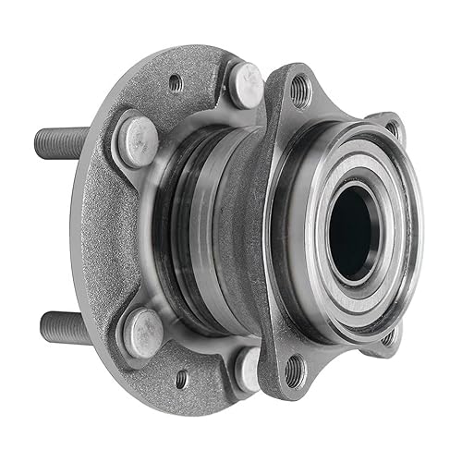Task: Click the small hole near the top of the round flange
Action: [x=176, y=84]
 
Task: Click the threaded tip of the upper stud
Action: [x=43, y=140]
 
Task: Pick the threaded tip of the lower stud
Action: [x=46, y=326]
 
